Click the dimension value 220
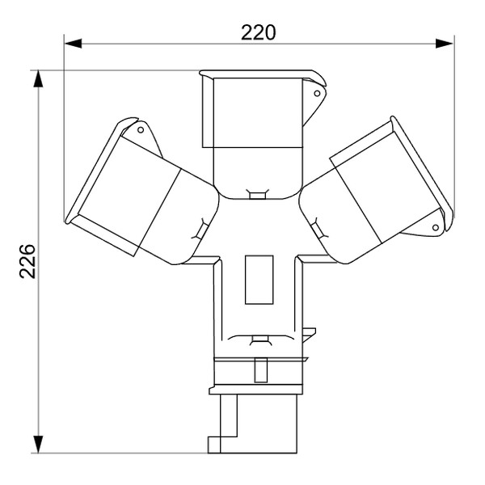point(258,32)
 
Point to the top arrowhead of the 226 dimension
point(38,78)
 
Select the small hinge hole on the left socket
point(140,129)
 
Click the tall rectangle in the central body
point(259,280)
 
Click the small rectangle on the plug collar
point(259,370)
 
